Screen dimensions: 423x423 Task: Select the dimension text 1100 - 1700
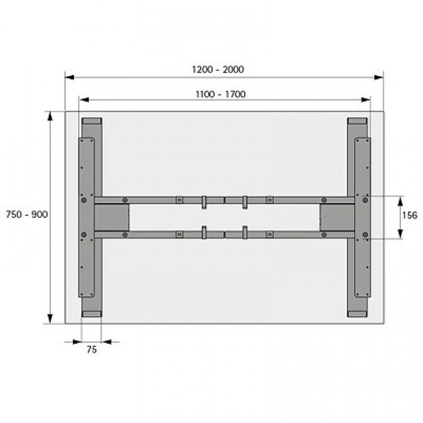(220, 94)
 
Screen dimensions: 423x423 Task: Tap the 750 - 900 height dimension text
(26, 214)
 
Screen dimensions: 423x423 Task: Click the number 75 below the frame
(92, 349)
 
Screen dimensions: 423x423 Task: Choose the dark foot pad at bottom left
(92, 313)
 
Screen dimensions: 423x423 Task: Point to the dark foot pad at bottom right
(357, 313)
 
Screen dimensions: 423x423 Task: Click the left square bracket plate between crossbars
(111, 216)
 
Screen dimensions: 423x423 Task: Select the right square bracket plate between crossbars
(336, 216)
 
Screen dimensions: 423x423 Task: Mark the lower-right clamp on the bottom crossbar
(245, 232)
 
